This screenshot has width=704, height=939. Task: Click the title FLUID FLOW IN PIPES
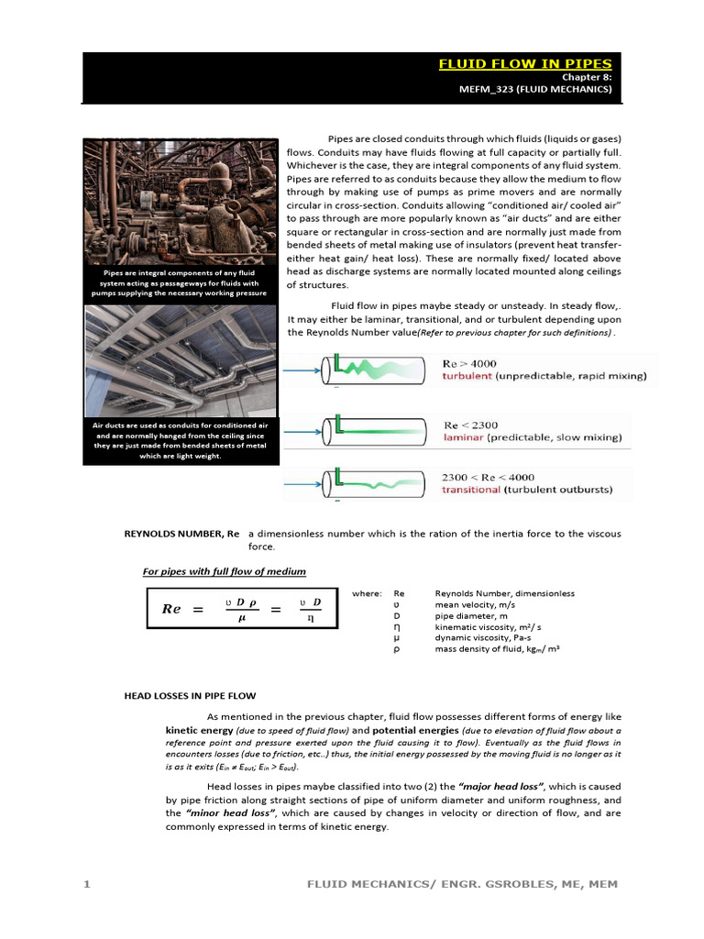524,64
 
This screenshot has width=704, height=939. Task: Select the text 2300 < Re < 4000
489,478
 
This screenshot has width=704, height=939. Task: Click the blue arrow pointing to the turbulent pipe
301,370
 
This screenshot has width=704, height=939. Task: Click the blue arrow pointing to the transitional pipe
301,481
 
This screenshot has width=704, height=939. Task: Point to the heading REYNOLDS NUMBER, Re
181,533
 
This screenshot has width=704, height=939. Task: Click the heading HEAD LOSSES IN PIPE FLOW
190,696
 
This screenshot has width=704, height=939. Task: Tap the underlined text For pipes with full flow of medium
225,571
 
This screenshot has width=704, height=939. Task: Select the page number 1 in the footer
87,884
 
